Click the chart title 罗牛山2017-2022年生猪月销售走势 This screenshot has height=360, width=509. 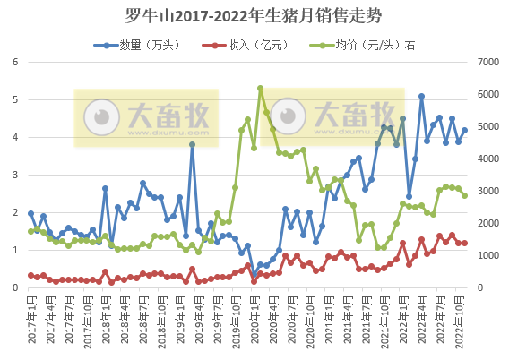point(254,15)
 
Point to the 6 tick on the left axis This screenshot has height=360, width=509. point(15,62)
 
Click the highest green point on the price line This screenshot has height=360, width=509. point(260,89)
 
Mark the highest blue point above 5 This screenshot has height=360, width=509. point(421,97)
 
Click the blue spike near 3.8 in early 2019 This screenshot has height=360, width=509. point(192,144)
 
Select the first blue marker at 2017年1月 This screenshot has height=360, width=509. point(30,214)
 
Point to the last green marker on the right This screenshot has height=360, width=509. point(464,195)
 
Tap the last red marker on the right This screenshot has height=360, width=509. point(464,243)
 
